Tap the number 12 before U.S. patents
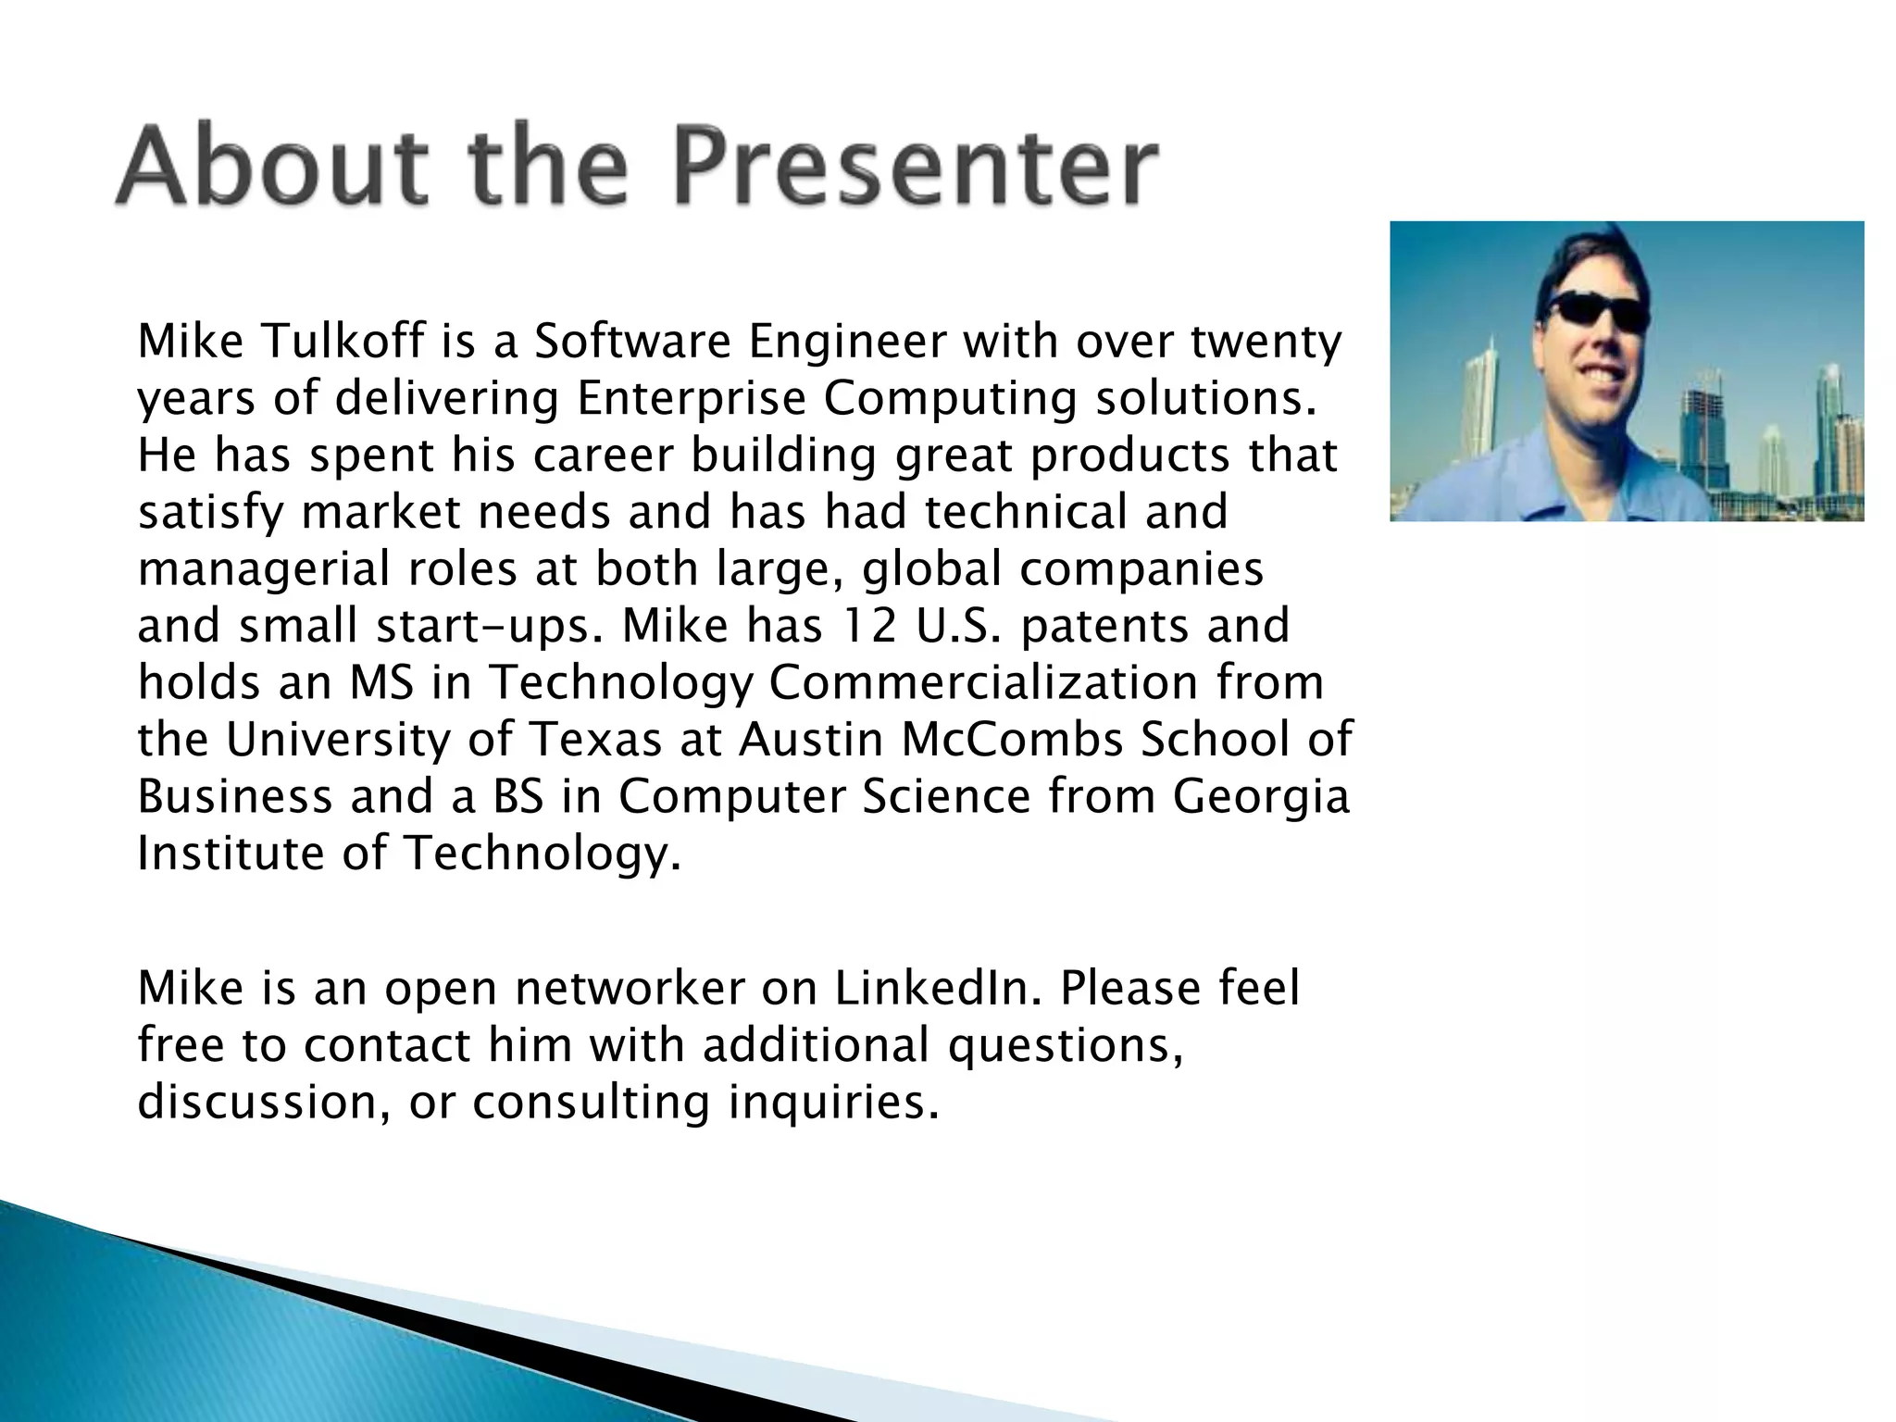(x=868, y=626)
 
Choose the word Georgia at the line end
(x=1261, y=798)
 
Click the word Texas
(x=596, y=740)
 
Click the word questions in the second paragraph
(x=1065, y=1045)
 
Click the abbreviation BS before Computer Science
(x=518, y=797)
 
